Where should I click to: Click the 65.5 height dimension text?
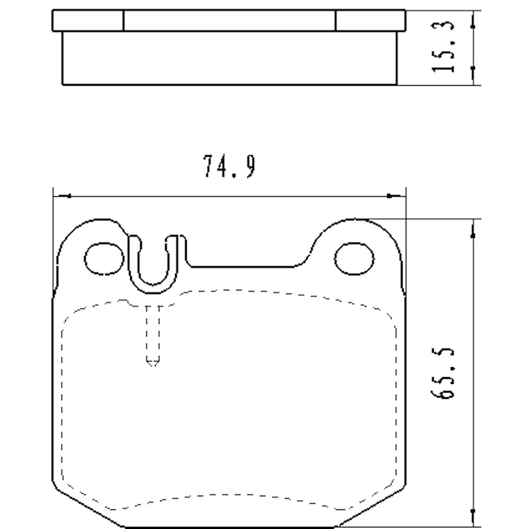[x=443, y=373]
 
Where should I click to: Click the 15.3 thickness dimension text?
[x=443, y=47]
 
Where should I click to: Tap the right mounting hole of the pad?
[x=354, y=259]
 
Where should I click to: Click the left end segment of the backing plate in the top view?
[x=88, y=21]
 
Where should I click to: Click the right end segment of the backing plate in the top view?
[x=370, y=21]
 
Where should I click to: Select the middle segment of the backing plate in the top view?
[x=229, y=21]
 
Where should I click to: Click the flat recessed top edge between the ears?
[x=243, y=266]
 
